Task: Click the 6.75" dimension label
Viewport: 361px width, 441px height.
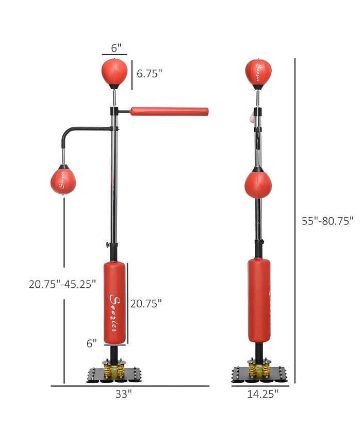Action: tap(149, 73)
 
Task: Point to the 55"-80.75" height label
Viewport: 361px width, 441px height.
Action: tap(327, 221)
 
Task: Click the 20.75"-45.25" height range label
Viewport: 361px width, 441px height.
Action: tap(62, 284)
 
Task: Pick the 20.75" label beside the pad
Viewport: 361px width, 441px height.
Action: tap(146, 303)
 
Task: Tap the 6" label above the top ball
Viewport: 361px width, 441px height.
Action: tap(117, 48)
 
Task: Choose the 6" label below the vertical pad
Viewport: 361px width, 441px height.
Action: tap(92, 342)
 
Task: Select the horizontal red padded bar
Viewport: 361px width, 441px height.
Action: tap(169, 111)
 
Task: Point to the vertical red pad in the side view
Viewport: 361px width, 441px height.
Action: tap(259, 301)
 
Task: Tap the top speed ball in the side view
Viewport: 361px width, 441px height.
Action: tap(258, 73)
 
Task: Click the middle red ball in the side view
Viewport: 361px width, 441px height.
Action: tap(258, 185)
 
